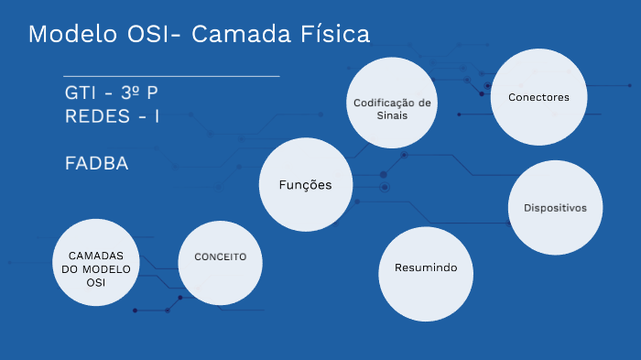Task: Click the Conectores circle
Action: tap(538, 98)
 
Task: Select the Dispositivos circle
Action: tap(555, 209)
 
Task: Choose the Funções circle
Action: tap(305, 185)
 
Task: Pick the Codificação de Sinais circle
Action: tap(391, 103)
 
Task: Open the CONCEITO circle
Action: tap(221, 257)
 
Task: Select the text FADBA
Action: tap(96, 163)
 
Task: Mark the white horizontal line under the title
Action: tap(171, 75)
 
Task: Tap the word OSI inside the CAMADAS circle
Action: tap(96, 283)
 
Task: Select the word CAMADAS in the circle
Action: tap(96, 254)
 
